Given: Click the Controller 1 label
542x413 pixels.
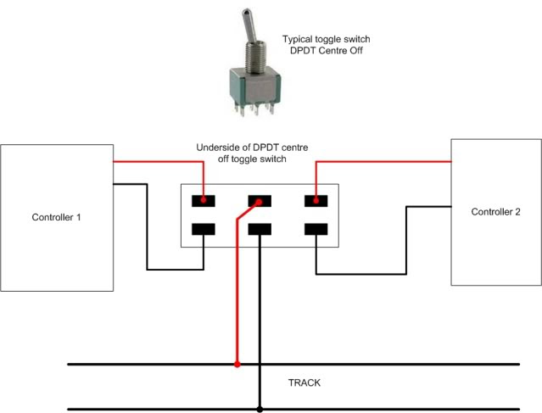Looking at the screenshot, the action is (x=56, y=217).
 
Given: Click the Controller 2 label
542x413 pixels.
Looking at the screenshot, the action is (x=495, y=212).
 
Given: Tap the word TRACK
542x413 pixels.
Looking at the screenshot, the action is (x=305, y=383).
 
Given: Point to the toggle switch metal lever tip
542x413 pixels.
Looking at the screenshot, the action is (x=246, y=13).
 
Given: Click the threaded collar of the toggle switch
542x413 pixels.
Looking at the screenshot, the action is (x=255, y=57).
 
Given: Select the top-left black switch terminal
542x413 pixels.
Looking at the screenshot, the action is (x=204, y=201).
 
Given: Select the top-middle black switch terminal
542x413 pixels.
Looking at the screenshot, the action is (x=260, y=201).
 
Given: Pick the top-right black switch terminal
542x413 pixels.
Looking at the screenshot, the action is (x=316, y=201).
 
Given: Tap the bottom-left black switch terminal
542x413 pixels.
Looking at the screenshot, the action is (x=204, y=229).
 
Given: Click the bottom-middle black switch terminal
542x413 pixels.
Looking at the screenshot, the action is (x=260, y=229).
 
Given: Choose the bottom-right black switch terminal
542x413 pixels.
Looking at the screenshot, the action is (x=316, y=229).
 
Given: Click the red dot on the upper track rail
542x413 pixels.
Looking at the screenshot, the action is (x=237, y=365).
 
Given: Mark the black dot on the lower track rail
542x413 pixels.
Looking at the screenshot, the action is (x=260, y=410).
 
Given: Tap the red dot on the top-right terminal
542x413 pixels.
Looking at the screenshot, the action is (x=316, y=200).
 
